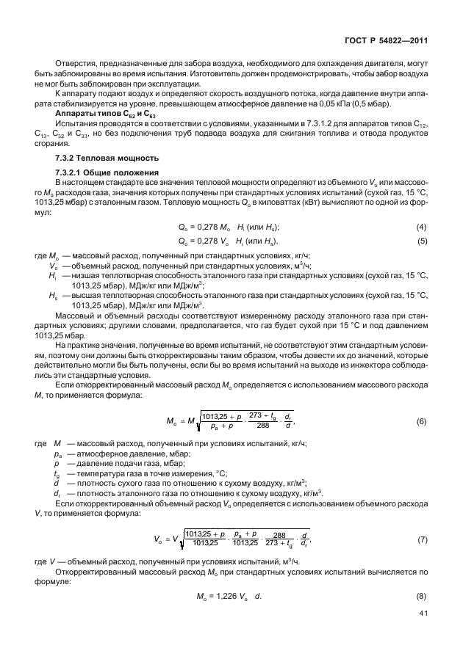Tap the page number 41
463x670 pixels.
point(423,613)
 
